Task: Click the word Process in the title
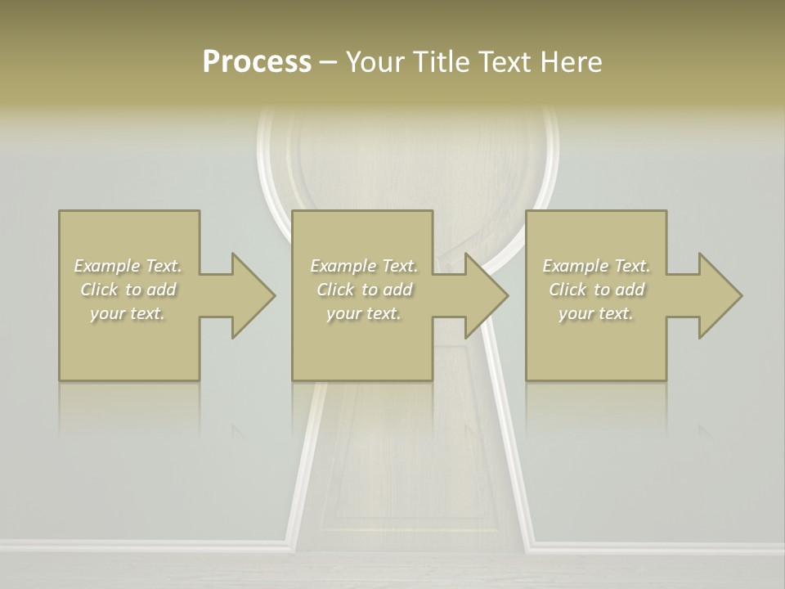click(257, 62)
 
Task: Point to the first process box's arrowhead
click(252, 295)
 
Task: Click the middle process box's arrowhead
click(486, 295)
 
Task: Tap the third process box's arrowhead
click(719, 295)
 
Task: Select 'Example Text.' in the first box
click(128, 266)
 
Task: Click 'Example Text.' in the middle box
click(364, 266)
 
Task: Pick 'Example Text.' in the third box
click(596, 266)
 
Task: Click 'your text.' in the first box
click(128, 313)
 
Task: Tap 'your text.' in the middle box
click(364, 313)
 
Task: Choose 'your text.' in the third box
click(596, 313)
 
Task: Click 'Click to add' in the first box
click(128, 290)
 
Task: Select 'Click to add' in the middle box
click(364, 290)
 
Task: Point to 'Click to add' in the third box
click(596, 290)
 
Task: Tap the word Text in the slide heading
click(503, 62)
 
